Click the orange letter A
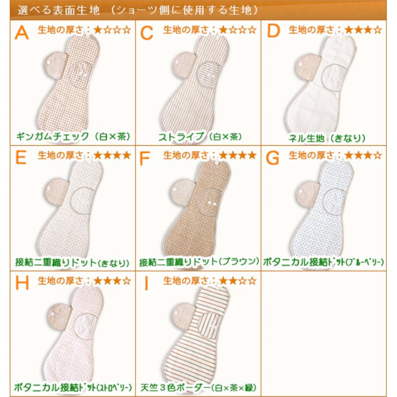[x=22, y=32]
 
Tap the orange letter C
[x=147, y=32]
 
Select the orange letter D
[x=273, y=32]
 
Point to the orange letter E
[x=21, y=157]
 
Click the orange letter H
[x=22, y=283]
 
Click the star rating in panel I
[x=237, y=281]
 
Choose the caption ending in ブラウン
[x=199, y=262]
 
